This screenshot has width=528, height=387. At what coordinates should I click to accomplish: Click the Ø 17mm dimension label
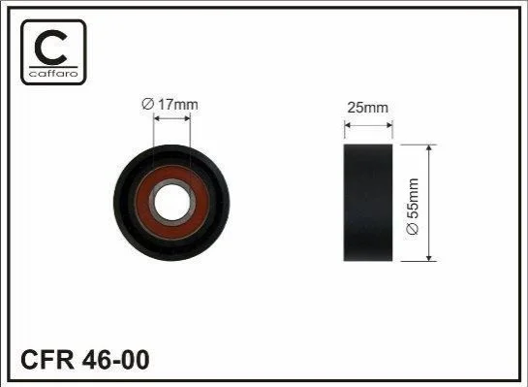[171, 104]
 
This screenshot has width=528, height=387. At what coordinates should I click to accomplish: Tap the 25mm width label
[368, 108]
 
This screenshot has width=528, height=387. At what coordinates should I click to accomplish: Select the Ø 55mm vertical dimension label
[413, 207]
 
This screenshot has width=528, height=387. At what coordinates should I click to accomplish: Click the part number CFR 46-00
[85, 360]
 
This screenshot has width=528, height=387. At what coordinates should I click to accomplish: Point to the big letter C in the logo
[50, 48]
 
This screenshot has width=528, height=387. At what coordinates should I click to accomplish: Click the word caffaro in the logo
[53, 73]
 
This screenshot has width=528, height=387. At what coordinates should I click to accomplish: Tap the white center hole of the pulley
[171, 203]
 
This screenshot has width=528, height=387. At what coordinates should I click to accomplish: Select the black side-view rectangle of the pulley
[368, 203]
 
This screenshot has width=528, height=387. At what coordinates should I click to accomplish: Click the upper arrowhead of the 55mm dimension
[428, 148]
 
